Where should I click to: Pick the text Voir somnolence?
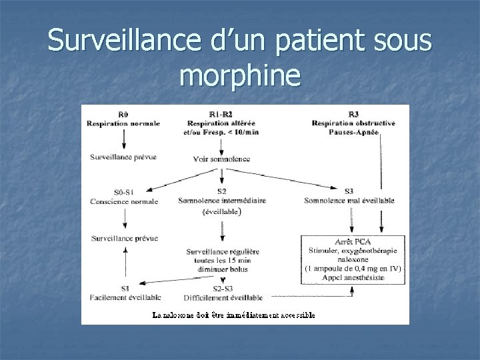point(221,159)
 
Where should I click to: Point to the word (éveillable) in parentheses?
point(221,213)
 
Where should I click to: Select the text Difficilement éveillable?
point(223,297)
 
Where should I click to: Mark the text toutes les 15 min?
point(221,260)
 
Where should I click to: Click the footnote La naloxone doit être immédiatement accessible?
point(234,315)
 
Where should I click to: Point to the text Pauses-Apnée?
point(353,133)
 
